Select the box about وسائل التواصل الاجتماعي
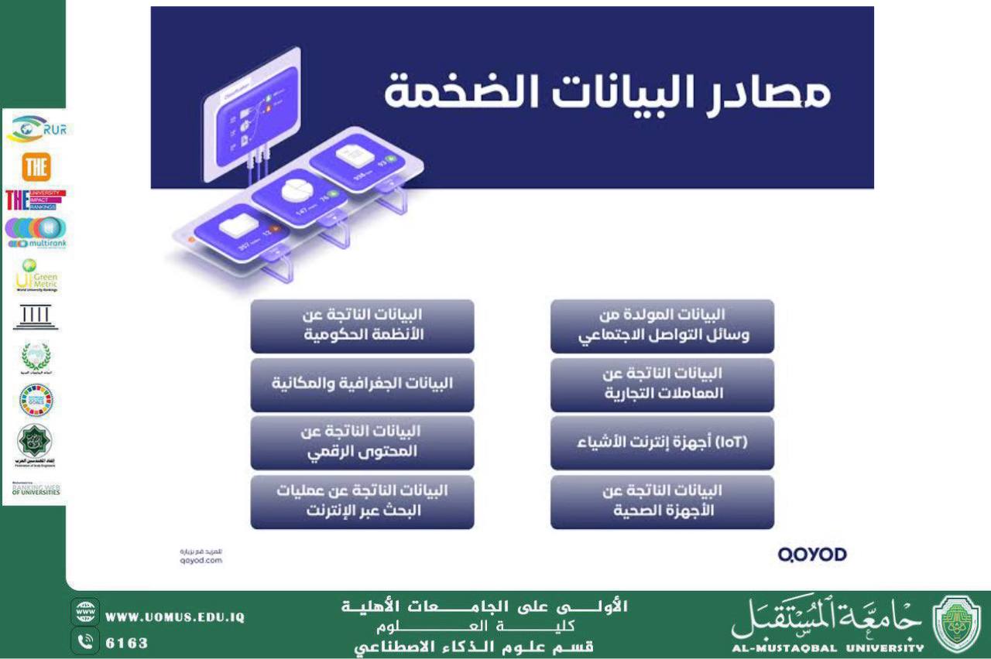pyautogui.click(x=662, y=326)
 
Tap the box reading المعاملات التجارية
pyautogui.click(x=662, y=384)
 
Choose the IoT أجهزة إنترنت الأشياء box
pyautogui.click(x=662, y=443)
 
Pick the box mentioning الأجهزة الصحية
pyautogui.click(x=662, y=501)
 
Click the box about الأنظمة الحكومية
pyautogui.click(x=362, y=326)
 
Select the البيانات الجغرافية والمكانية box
pyautogui.click(x=362, y=384)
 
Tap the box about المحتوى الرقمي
pyautogui.click(x=362, y=443)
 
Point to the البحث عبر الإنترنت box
pyautogui.click(x=362, y=501)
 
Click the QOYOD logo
pyautogui.click(x=812, y=554)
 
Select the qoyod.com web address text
pyautogui.click(x=195, y=559)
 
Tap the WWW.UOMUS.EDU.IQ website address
pyautogui.click(x=175, y=617)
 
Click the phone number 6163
pyautogui.click(x=127, y=643)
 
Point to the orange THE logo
pyautogui.click(x=36, y=166)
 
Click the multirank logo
pyautogui.click(x=36, y=232)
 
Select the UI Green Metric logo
pyautogui.click(x=36, y=276)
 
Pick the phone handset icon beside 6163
pyautogui.click(x=85, y=641)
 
